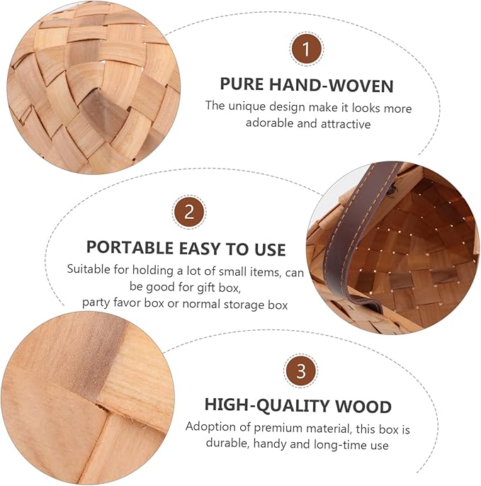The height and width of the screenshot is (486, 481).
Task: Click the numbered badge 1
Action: click(x=307, y=49)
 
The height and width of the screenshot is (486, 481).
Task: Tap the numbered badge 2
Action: click(x=189, y=213)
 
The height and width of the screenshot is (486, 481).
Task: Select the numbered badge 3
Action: click(x=300, y=371)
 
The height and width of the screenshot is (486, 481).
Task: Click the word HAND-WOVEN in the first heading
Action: click(x=331, y=85)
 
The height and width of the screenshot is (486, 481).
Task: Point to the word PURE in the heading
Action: click(x=242, y=84)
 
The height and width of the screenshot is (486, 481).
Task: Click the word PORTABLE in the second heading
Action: click(x=130, y=248)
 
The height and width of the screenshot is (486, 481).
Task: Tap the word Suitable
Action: click(x=89, y=269)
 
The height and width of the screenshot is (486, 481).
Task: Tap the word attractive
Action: click(x=346, y=124)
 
